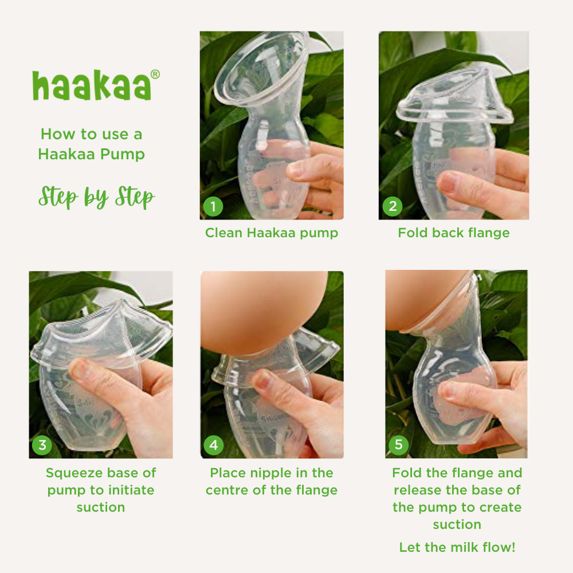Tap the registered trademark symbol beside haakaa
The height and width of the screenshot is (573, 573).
point(155,74)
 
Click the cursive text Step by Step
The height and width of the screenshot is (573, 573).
point(96,197)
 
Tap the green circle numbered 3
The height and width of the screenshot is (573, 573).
point(42,445)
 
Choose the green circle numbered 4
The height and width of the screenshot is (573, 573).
point(214,445)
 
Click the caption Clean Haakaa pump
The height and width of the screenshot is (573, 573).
point(272,233)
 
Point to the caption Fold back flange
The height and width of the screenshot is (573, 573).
point(453,233)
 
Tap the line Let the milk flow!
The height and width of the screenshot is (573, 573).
point(457,547)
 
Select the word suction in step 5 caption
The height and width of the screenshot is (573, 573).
point(457,524)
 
